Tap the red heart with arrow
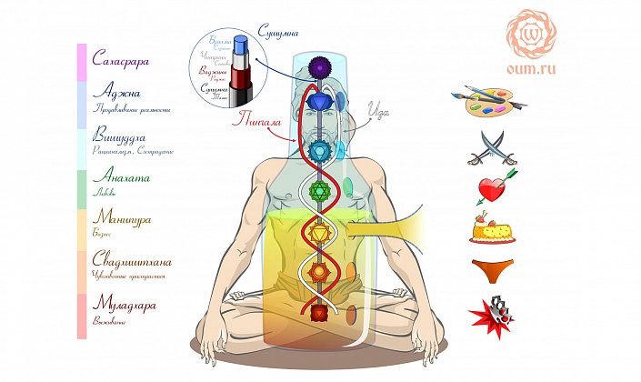point(495,186)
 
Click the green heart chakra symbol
point(319,191)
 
